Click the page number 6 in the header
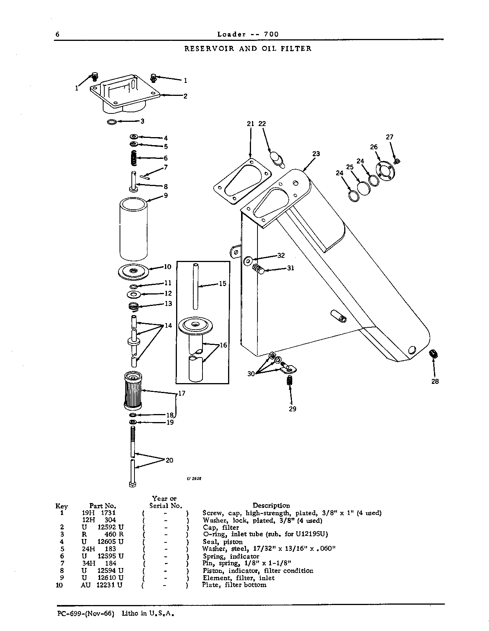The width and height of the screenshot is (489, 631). [57, 34]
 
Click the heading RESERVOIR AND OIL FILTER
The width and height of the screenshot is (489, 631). [248, 49]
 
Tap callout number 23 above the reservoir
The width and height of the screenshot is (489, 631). [316, 154]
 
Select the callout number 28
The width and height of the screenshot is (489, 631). [435, 381]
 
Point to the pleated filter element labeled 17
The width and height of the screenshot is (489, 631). [133, 391]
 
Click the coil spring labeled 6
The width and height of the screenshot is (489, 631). [134, 158]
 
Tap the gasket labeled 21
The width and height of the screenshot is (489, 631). [242, 181]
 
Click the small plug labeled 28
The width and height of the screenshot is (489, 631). [434, 354]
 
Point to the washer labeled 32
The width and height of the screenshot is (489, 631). [248, 261]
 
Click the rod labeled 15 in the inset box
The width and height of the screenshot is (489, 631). [196, 286]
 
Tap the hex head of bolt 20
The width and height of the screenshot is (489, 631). [132, 484]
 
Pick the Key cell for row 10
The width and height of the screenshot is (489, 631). [59, 585]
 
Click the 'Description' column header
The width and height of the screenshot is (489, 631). [271, 506]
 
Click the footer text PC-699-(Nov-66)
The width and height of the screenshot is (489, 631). [86, 613]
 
